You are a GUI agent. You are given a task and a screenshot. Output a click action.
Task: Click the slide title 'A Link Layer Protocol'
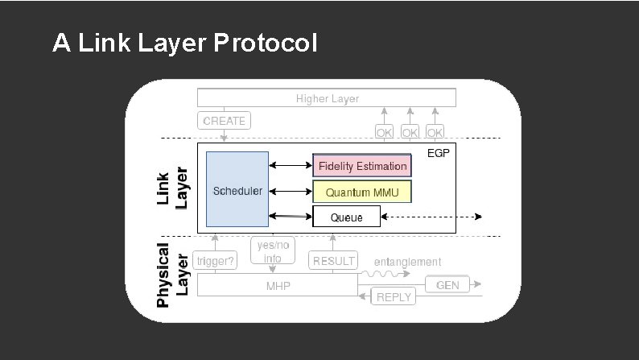(x=184, y=43)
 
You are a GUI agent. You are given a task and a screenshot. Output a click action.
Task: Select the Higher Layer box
(x=327, y=98)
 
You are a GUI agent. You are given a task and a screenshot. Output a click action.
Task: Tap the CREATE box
(x=224, y=121)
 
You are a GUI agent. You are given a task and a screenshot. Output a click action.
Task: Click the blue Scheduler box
(x=237, y=190)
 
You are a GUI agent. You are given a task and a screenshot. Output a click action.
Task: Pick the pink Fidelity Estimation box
(x=361, y=166)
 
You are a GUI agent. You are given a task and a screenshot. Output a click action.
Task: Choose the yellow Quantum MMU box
(x=361, y=192)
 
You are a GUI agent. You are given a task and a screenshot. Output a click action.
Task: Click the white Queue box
(x=346, y=217)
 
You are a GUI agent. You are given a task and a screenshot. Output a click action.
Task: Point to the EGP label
(x=439, y=153)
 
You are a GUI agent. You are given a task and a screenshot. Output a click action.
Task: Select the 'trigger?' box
(x=216, y=260)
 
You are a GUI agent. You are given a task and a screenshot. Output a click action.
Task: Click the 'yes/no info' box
(x=272, y=252)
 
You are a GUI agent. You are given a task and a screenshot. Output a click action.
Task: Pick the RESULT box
(x=333, y=260)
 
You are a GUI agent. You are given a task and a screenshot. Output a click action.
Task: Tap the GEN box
(x=447, y=285)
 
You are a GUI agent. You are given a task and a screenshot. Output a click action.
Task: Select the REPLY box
(x=394, y=297)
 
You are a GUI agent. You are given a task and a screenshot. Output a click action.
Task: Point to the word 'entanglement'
(x=408, y=262)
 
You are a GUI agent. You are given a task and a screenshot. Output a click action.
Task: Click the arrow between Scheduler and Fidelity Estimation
(x=290, y=166)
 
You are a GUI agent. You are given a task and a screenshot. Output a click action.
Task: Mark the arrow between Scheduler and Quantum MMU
(x=290, y=192)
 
